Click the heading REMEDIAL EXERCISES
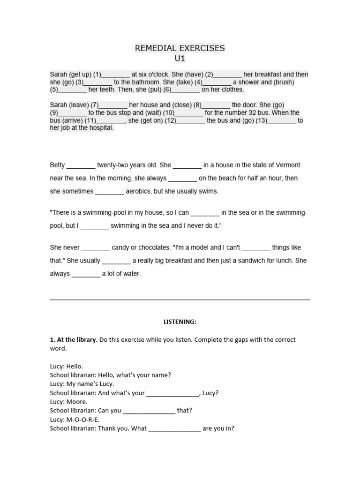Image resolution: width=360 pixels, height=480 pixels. pos(180,48)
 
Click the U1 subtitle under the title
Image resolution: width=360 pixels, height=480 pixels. pos(180,59)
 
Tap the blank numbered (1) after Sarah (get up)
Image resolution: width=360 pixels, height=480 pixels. pos(116,75)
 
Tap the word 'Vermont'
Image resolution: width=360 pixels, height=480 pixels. pos(285,165)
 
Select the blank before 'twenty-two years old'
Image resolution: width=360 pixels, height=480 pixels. pos(81,165)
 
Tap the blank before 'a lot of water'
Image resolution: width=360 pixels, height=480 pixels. pos(86,274)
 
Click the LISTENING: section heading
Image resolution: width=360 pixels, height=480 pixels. pos(180,322)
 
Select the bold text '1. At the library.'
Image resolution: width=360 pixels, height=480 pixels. pos(74,339)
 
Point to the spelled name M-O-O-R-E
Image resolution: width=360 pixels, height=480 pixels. pos(83,420)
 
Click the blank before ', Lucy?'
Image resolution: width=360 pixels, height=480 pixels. pos(173,393)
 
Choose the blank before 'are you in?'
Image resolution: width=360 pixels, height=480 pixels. pos(175,428)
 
